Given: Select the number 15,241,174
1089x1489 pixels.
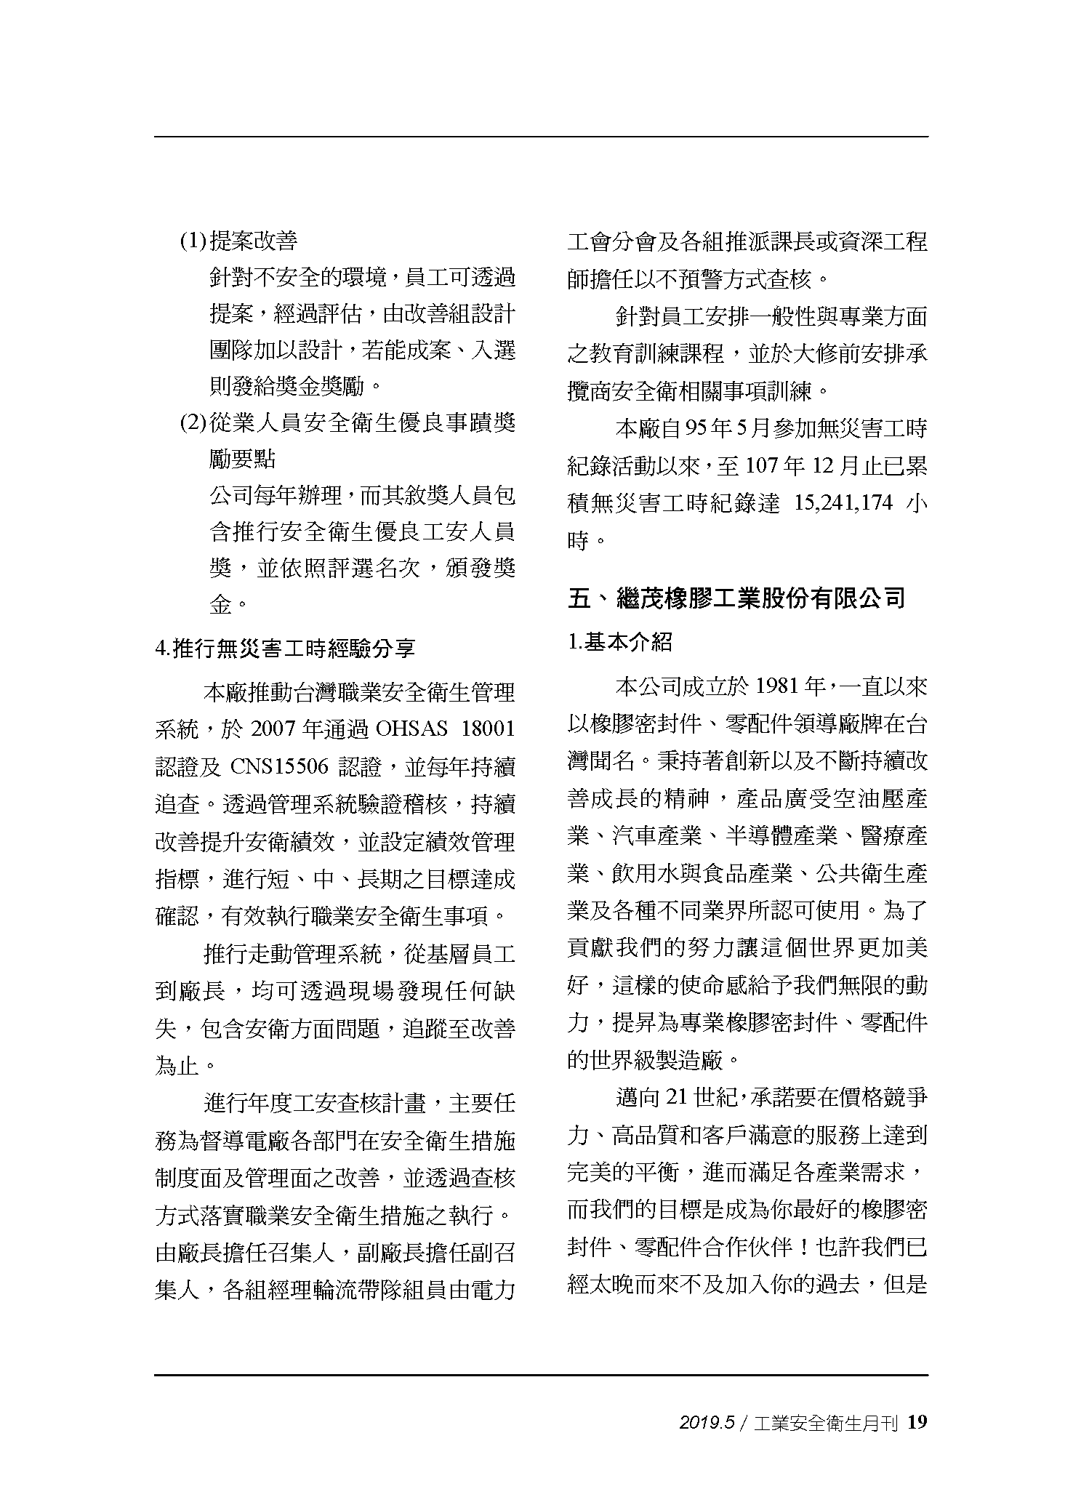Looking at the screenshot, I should [x=843, y=503].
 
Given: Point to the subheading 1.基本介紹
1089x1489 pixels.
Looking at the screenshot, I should [x=619, y=642].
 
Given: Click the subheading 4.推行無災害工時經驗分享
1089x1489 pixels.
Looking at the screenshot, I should [x=285, y=648].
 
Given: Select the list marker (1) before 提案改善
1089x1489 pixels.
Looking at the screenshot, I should [x=193, y=241].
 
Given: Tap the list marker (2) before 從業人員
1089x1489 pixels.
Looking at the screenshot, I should [x=193, y=422].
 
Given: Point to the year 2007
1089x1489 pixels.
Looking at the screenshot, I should [x=274, y=729].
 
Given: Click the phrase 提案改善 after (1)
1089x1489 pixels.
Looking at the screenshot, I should [x=253, y=241].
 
